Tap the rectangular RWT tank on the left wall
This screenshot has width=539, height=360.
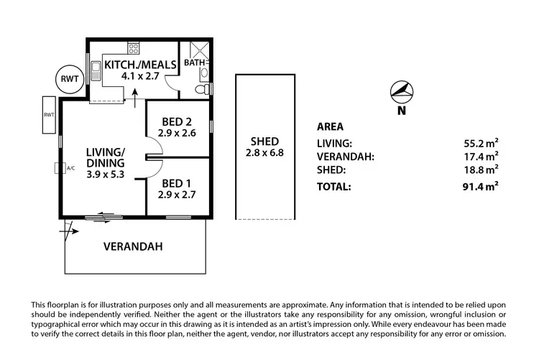49,115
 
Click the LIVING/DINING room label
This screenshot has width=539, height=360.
106,157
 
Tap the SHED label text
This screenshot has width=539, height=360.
264,141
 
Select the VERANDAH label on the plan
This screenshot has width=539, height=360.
133,246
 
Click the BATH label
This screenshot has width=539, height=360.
194,63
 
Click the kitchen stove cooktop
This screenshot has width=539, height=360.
133,48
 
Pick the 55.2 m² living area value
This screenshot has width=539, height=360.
481,143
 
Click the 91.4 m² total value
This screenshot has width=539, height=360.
481,186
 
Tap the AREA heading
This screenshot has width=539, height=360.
330,126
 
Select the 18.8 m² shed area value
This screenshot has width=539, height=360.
481,170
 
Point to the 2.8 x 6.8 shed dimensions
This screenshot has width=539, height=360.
264,153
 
